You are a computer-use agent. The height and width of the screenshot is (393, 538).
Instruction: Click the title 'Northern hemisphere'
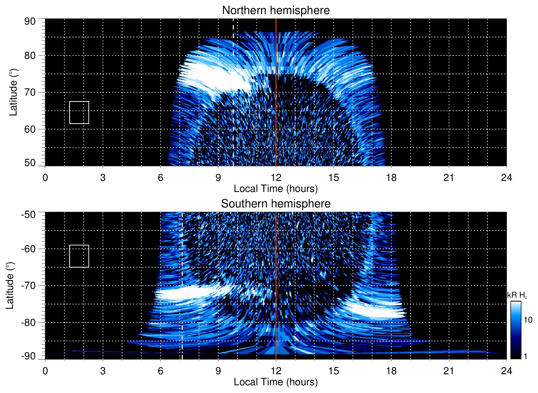pyautogui.click(x=276, y=10)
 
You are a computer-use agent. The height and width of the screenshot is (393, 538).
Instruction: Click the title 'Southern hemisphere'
pyautogui.click(x=276, y=204)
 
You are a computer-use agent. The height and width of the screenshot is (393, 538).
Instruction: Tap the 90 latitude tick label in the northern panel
pyautogui.click(x=30, y=22)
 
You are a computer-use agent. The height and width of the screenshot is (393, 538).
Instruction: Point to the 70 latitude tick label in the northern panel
pyautogui.click(x=30, y=92)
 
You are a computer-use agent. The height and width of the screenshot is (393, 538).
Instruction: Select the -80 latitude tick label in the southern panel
pyautogui.click(x=28, y=322)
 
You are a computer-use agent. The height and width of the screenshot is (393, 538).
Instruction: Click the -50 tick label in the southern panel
pyautogui.click(x=28, y=215)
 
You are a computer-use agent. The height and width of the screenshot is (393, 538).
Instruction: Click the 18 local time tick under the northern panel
pyautogui.click(x=391, y=178)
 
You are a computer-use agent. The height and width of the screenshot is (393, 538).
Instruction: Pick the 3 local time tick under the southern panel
pyautogui.click(x=103, y=371)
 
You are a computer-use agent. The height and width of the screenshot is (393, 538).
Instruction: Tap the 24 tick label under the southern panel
pyautogui.click(x=506, y=371)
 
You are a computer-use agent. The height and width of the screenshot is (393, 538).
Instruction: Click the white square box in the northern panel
pyautogui.click(x=79, y=112)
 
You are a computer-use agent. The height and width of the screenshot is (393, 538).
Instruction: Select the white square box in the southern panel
pyautogui.click(x=79, y=256)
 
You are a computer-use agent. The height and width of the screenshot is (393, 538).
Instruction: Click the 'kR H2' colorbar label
pyautogui.click(x=517, y=295)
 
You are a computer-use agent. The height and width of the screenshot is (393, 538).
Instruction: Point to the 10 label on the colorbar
pyautogui.click(x=528, y=320)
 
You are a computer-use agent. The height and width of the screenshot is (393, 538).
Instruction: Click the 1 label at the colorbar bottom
pyautogui.click(x=525, y=356)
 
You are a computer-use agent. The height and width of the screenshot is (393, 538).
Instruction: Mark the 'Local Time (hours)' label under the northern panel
pyautogui.click(x=276, y=189)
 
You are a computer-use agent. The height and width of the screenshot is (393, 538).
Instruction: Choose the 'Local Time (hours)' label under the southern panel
pyautogui.click(x=276, y=382)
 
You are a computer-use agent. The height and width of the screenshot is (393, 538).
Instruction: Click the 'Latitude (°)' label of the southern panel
pyautogui.click(x=10, y=286)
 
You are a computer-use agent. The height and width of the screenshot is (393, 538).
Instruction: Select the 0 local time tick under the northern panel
pyautogui.click(x=45, y=178)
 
